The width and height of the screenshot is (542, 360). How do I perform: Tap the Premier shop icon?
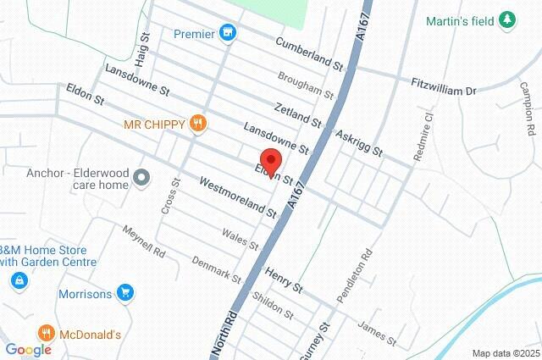tap(227, 34)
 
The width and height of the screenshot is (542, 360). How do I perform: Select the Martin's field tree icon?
tap(508, 19)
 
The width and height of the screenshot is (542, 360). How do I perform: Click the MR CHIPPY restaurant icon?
tap(198, 125)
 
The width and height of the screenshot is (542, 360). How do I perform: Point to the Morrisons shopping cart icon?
tap(125, 294)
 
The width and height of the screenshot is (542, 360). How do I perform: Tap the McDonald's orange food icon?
tap(47, 335)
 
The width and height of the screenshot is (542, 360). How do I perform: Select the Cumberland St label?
tap(307, 53)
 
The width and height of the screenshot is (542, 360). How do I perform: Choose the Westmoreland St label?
tap(238, 197)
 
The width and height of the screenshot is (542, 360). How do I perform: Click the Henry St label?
tap(284, 281)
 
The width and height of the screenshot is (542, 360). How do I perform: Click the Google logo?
tap(28, 350)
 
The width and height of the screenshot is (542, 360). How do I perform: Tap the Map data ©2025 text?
tap(506, 353)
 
